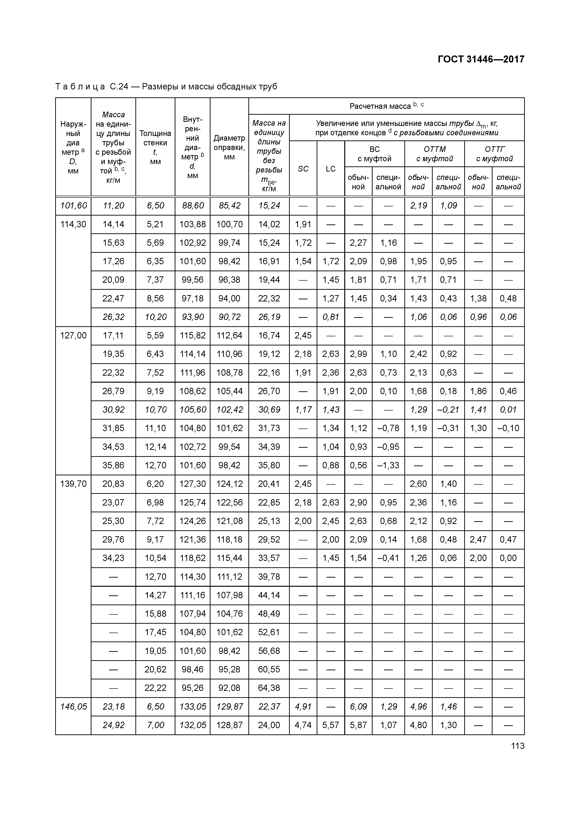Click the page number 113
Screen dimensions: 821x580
[518, 746]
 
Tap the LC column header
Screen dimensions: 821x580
[330, 169]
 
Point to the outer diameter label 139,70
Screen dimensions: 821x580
[73, 484]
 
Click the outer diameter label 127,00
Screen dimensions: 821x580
[73, 335]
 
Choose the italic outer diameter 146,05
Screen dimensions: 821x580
[73, 707]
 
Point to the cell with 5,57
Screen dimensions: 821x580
[330, 725]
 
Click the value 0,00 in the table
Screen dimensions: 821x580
[508, 558]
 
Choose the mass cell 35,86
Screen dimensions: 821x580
[113, 465]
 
